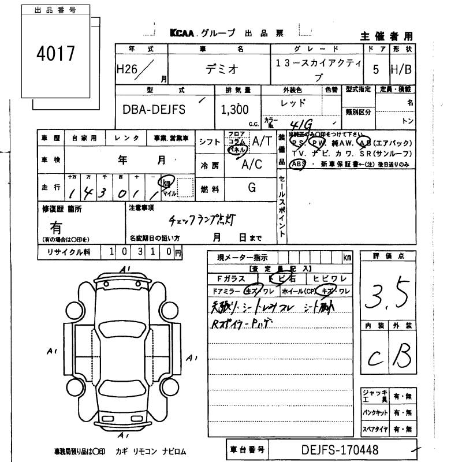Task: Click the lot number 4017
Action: (55, 54)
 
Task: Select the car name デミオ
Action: (222, 69)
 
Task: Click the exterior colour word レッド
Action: (292, 103)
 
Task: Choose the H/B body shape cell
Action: (401, 70)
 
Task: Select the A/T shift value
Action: (262, 140)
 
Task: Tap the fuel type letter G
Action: (252, 188)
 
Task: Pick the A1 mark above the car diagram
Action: (125, 269)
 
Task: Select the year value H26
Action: (128, 69)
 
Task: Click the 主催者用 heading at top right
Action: (387, 36)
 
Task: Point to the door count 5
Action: (376, 70)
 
